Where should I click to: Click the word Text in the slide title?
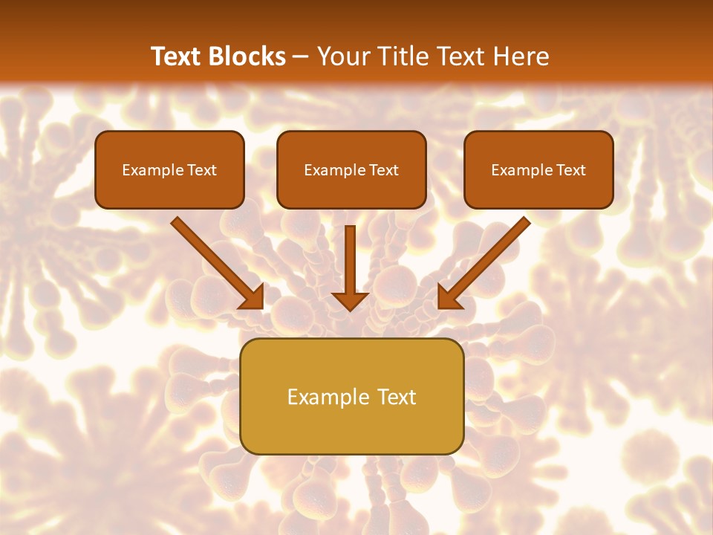pyautogui.click(x=179, y=56)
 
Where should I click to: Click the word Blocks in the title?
pyautogui.click(x=250, y=56)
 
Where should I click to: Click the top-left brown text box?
pyautogui.click(x=169, y=169)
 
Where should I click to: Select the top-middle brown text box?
pyautogui.click(x=351, y=169)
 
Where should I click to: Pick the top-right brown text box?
pyautogui.click(x=538, y=169)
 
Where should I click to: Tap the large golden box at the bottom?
pyautogui.click(x=351, y=396)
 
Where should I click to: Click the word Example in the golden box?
pyautogui.click(x=324, y=397)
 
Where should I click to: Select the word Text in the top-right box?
pyautogui.click(x=570, y=170)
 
